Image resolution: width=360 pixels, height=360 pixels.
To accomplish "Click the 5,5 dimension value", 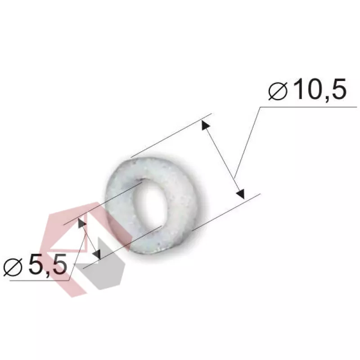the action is pyautogui.click(x=48, y=265).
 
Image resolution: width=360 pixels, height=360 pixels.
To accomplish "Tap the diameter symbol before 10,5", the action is pyautogui.click(x=278, y=91).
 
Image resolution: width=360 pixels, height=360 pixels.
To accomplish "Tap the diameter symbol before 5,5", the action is pyautogui.click(x=13, y=267).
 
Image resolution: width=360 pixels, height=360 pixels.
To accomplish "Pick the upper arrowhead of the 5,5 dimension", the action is pyautogui.click(x=81, y=223).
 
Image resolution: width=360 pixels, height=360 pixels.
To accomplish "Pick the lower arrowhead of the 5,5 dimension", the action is pyautogui.click(x=97, y=254).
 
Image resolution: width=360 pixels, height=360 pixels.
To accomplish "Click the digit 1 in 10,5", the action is pyautogui.click(x=301, y=89).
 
